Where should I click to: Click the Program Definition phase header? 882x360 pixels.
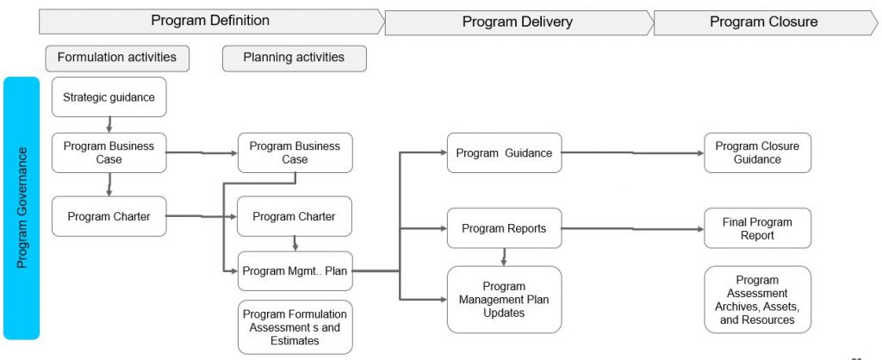210,21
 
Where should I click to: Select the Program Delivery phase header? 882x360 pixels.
517,22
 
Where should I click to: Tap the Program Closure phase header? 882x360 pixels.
763,22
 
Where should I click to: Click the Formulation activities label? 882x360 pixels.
117,58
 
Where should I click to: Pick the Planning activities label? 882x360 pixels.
294,58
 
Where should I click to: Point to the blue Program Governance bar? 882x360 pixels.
22,207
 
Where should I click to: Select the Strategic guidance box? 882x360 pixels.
109,97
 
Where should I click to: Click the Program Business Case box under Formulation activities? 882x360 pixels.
109,152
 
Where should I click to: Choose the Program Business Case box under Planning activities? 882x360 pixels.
295,152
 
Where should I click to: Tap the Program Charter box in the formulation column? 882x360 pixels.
109,216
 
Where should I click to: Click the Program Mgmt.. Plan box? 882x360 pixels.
295,270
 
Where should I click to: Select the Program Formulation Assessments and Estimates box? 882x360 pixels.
295,327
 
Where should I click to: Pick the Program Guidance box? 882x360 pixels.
504,153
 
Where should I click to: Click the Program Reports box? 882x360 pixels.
504,228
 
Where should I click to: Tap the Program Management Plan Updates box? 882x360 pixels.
504,300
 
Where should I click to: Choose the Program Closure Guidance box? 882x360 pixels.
757,152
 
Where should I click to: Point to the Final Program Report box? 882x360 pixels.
757,228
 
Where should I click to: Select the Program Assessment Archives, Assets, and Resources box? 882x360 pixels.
757,300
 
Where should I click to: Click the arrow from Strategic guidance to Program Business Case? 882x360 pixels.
109,124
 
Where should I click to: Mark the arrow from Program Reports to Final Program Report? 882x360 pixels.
633,229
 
